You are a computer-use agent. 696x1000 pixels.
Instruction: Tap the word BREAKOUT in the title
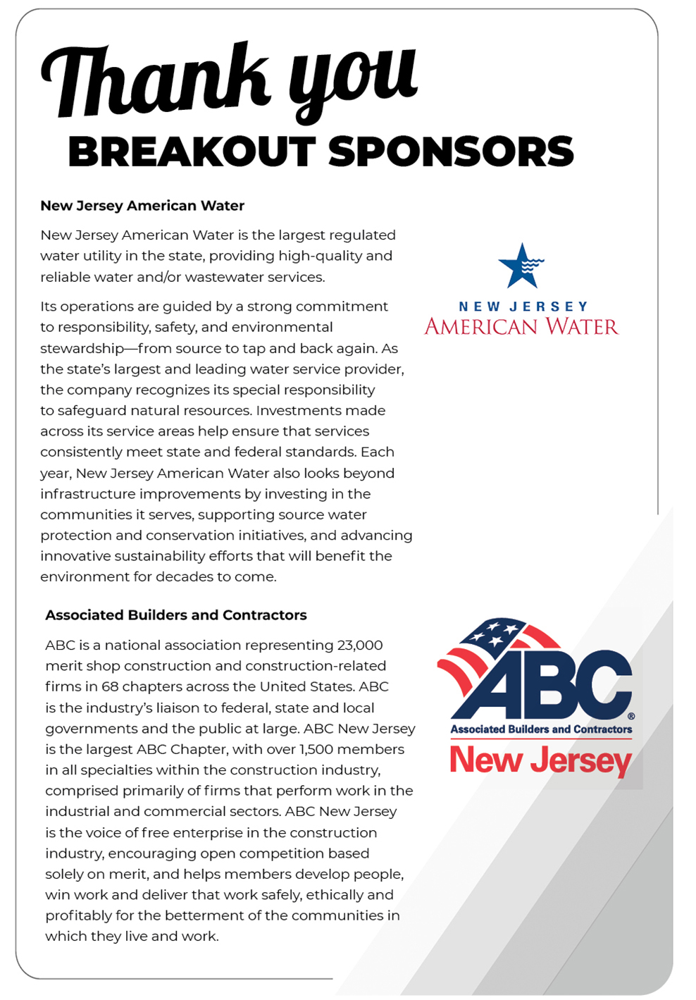click(x=192, y=152)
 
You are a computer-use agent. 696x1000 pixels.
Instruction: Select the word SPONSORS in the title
click(x=451, y=152)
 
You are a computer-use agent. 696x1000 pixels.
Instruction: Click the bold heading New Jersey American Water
click(x=142, y=206)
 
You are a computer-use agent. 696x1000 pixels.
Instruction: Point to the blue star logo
click(x=521, y=266)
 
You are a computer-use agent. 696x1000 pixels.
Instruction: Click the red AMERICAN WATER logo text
click(x=521, y=326)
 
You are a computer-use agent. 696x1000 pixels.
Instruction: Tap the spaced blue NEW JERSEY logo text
click(x=523, y=307)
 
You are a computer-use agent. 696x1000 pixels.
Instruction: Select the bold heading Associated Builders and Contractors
click(x=176, y=615)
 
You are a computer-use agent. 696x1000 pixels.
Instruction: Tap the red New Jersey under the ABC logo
click(x=540, y=761)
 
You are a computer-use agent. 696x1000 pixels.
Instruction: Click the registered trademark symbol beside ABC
click(x=631, y=716)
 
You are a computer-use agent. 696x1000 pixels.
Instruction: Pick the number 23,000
click(x=360, y=646)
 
